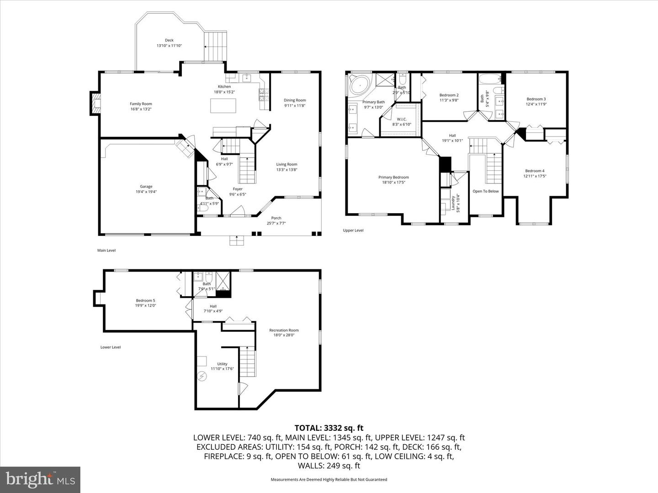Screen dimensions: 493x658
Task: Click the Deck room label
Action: coord(169,40)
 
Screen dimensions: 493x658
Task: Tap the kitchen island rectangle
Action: coord(223,105)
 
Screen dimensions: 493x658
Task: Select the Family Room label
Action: coord(141,104)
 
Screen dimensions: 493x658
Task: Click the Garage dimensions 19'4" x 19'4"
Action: coord(146,192)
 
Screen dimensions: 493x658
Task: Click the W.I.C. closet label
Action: coord(402,119)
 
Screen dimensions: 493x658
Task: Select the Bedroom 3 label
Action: coord(536,99)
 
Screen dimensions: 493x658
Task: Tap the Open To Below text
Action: coord(485,191)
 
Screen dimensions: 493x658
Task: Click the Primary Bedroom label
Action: coord(393,177)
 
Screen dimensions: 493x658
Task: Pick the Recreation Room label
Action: coord(284,330)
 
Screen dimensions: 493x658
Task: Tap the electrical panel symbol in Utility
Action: coord(202,376)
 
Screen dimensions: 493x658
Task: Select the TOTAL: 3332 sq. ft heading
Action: coord(329,428)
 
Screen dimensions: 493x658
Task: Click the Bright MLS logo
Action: coord(40,479)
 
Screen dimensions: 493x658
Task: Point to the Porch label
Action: coord(276,218)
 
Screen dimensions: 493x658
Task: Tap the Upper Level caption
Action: coord(353,231)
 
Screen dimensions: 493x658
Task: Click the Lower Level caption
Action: coord(110,347)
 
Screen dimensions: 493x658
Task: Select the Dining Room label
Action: coord(295,100)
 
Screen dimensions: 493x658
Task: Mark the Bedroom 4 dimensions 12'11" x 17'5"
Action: coord(534,176)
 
